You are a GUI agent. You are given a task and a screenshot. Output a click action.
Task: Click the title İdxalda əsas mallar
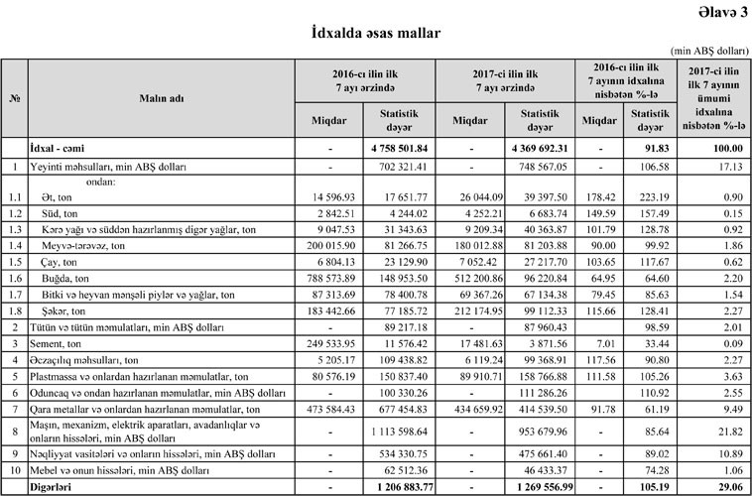[376, 34]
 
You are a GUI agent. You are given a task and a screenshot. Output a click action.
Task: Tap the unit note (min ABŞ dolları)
[708, 50]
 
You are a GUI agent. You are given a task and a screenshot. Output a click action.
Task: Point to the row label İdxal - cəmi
[60, 147]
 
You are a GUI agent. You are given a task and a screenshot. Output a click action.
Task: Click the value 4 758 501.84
[397, 147]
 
